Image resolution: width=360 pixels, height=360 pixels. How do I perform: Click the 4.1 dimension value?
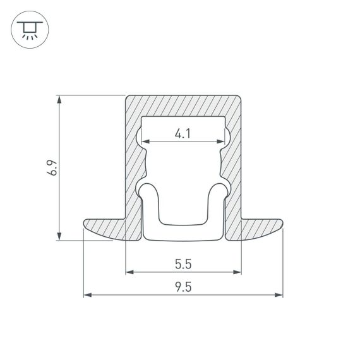click(183, 133)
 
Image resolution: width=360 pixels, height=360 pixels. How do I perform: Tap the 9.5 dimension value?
click(183, 286)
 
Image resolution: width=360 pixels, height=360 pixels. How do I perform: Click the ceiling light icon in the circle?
click(28, 28)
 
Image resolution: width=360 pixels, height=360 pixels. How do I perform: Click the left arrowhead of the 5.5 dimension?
click(129, 272)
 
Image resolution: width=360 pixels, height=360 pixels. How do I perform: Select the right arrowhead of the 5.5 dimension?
click(237, 272)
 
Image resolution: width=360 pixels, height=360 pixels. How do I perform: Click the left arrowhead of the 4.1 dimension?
click(145, 141)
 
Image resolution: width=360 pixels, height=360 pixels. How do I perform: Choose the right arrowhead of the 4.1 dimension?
click(222, 141)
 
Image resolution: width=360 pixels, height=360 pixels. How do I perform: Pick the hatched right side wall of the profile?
click(234, 164)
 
